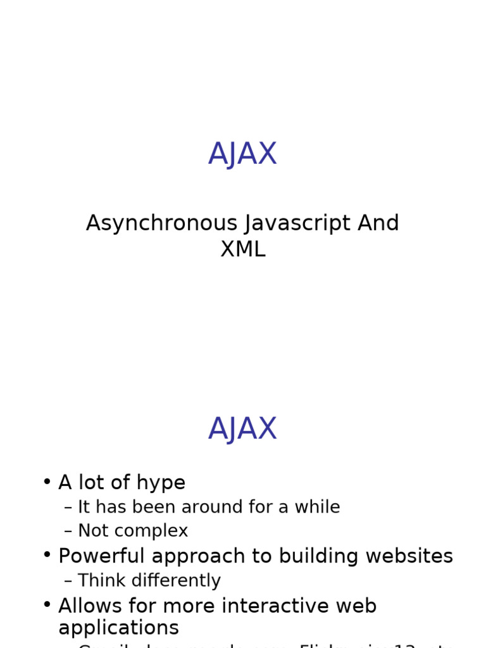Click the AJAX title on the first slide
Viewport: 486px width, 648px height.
[x=242, y=154]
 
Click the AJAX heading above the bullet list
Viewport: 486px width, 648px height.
[x=242, y=428]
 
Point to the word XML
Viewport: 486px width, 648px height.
[x=242, y=250]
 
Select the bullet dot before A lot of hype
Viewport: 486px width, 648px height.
[x=47, y=481]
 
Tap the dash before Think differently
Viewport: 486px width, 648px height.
[x=68, y=581]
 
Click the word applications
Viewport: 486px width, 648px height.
[x=118, y=628]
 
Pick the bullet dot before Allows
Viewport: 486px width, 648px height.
[x=47, y=604]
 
